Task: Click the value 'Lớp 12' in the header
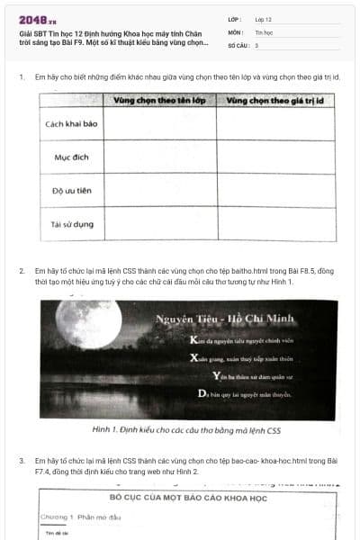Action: click(x=264, y=18)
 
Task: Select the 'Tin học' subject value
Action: click(x=264, y=31)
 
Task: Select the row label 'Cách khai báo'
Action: click(x=71, y=124)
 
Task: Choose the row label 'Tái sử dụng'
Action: click(x=70, y=222)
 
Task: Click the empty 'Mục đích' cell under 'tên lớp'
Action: click(x=160, y=157)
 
